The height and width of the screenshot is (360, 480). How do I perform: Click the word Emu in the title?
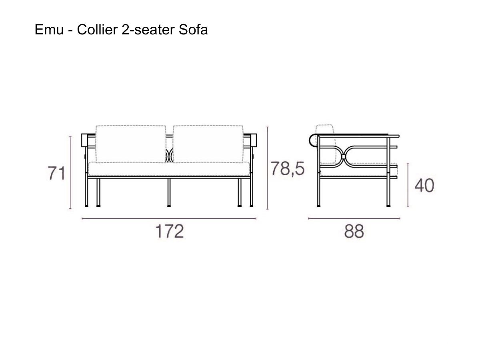pyautogui.click(x=49, y=30)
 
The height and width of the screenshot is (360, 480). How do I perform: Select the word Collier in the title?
pyautogui.click(x=97, y=30)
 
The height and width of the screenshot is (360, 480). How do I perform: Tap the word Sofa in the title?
pyautogui.click(x=193, y=30)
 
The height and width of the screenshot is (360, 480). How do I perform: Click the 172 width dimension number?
pyautogui.click(x=169, y=232)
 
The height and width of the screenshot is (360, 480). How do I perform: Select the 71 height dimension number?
pyautogui.click(x=56, y=173)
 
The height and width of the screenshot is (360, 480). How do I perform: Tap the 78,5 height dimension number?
pyautogui.click(x=287, y=168)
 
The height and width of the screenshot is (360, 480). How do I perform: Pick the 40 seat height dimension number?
pyautogui.click(x=424, y=185)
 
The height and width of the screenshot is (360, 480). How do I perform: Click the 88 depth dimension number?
pyautogui.click(x=354, y=232)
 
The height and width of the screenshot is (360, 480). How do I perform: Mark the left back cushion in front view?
pyautogui.click(x=130, y=144)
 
